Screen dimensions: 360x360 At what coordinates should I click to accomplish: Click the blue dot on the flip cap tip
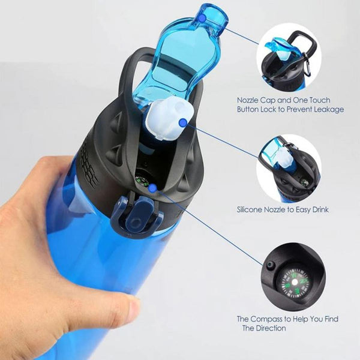202,18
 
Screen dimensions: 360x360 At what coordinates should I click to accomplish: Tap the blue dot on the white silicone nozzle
183,123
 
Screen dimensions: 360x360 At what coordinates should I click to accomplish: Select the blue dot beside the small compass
152,188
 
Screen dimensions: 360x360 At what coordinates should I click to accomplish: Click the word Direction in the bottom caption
271,328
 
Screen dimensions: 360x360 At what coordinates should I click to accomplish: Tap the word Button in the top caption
248,109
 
